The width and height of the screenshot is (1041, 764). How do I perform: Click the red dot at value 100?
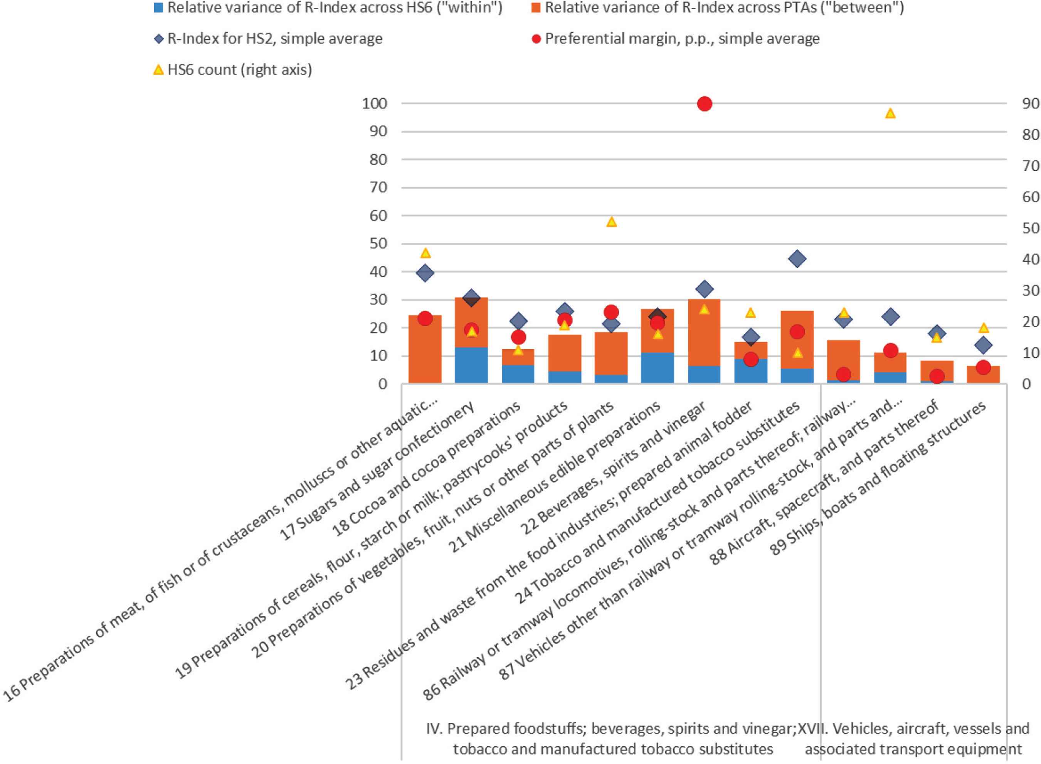[x=704, y=104]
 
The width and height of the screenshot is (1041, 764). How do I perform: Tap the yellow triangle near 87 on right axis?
[x=890, y=113]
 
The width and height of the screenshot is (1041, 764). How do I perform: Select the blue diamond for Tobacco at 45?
[x=797, y=259]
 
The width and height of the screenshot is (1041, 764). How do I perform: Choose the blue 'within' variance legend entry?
[x=328, y=8]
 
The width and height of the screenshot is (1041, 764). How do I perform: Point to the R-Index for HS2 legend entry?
[x=268, y=39]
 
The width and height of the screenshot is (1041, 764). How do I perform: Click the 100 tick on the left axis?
[x=375, y=104]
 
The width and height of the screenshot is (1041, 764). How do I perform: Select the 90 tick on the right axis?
[x=1030, y=104]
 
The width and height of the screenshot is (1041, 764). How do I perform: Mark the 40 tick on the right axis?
[x=1030, y=259]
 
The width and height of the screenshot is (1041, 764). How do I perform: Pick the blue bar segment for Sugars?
[x=471, y=365]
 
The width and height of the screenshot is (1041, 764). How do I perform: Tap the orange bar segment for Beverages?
[x=704, y=333]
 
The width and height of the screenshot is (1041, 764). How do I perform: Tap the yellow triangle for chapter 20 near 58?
[x=611, y=222]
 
